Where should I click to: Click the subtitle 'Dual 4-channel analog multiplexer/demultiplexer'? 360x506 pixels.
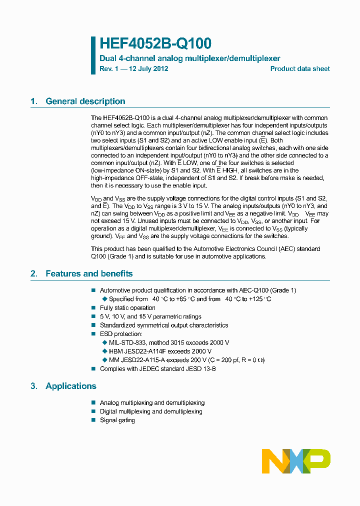pos(190,58)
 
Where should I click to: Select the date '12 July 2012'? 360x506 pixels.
pos(148,69)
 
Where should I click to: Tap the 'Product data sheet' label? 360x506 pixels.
pos(300,69)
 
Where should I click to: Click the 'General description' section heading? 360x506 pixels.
pos(85,101)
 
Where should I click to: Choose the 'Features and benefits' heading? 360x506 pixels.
pos(89,273)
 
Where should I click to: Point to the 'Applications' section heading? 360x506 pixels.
pos(70,386)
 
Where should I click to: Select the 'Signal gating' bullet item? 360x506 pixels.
pos(117,420)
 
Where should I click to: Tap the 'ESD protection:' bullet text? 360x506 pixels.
pos(121,333)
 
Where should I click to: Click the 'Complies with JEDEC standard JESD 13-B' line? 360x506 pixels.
pos(158,368)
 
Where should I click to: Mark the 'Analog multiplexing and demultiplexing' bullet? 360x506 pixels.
pos(152,403)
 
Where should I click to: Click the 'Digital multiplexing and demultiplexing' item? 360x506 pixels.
pos(151,411)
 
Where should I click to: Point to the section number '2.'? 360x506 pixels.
pos(34,273)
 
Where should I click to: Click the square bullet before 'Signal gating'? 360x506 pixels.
pos(93,420)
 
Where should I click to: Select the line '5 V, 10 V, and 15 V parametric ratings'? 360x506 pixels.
pos(150,316)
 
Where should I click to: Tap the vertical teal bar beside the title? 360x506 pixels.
pos(93,55)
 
